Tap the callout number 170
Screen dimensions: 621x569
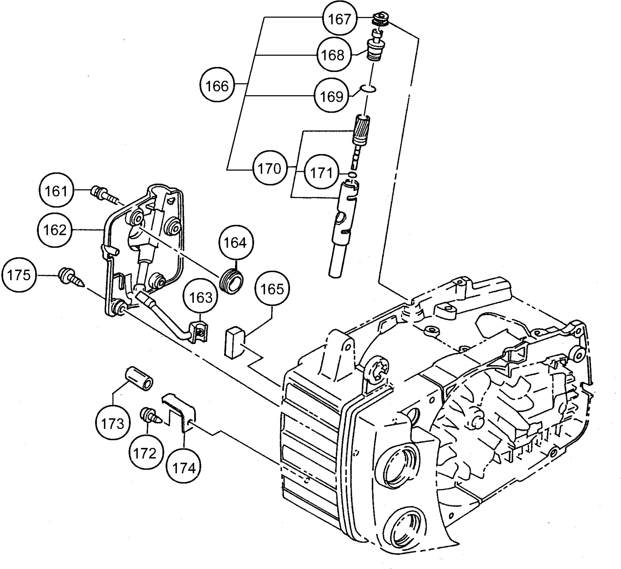269,168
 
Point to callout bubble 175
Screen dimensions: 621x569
19,275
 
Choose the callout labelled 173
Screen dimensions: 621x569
113,423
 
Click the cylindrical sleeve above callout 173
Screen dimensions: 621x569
139,378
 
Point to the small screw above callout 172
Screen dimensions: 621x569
151,416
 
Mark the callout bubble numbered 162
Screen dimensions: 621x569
55,229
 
